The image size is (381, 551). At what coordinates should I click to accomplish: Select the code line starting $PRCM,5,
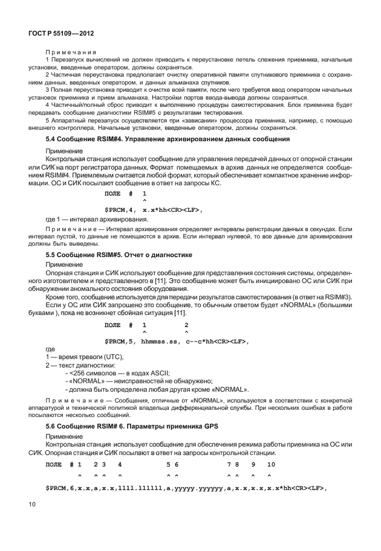[x=177, y=341]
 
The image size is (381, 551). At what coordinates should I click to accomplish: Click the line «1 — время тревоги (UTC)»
[x=85, y=358]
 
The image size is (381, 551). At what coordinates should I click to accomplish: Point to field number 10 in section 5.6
[x=270, y=464]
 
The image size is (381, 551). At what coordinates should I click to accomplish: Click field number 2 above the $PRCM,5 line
[x=186, y=325]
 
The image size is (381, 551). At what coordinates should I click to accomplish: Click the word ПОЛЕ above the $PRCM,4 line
[x=112, y=193]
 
